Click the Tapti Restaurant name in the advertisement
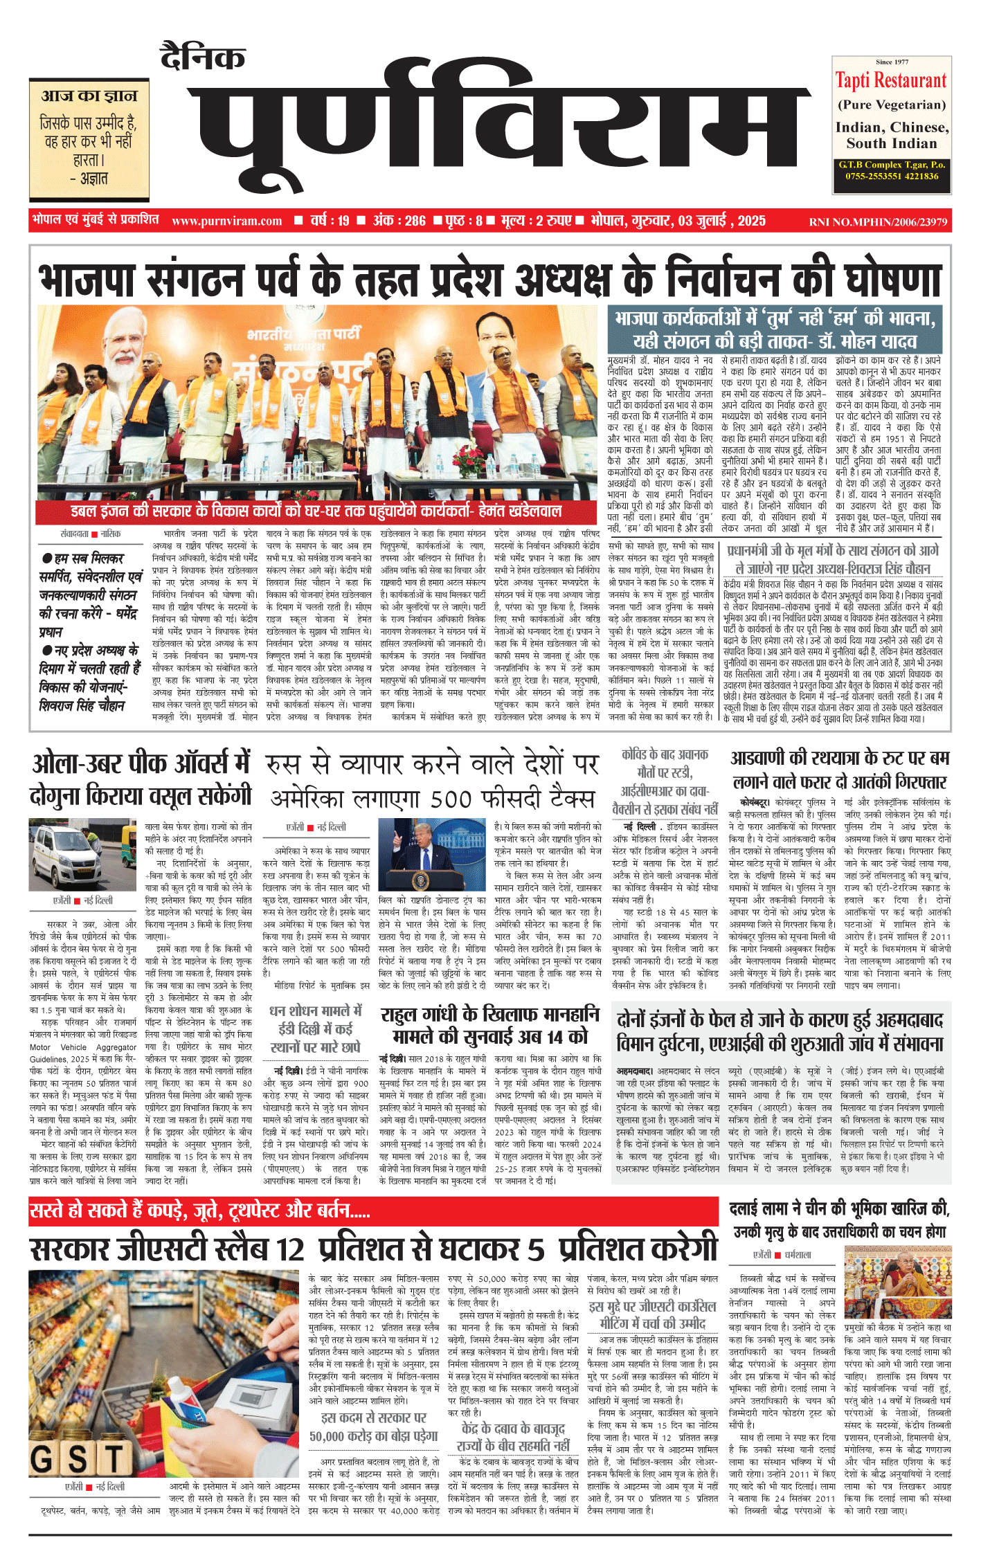(891, 80)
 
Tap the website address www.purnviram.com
(226, 221)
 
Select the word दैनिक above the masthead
(203, 57)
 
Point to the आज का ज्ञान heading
(89, 96)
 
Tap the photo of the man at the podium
(422, 856)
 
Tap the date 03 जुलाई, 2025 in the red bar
(721, 221)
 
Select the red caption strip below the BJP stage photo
(316, 511)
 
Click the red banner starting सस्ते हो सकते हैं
(200, 1211)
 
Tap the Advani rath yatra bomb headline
(840, 770)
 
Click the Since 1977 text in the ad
(892, 62)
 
